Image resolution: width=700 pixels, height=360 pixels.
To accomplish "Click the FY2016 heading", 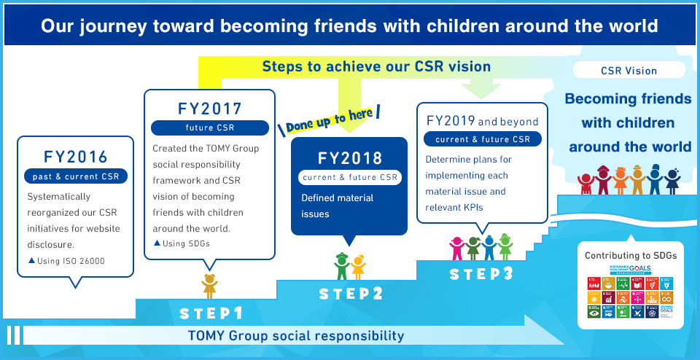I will pyautogui.click(x=76, y=156).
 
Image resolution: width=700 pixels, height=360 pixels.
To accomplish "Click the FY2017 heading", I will pyautogui.click(x=210, y=109).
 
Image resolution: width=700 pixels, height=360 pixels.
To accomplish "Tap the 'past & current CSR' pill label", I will pyautogui.click(x=76, y=176).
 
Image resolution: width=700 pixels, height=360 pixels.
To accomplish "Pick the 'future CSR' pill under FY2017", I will pyautogui.click(x=209, y=128).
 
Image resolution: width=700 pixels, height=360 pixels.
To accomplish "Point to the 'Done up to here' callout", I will pyautogui.click(x=330, y=120).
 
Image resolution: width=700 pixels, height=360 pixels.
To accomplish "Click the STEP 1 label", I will pyautogui.click(x=211, y=313).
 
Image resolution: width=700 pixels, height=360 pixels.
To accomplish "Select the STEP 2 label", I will pyautogui.click(x=351, y=294).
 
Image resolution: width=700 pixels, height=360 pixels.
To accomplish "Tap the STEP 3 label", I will pyautogui.click(x=481, y=275).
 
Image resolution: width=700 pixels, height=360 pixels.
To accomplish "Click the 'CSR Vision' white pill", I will pyautogui.click(x=629, y=71).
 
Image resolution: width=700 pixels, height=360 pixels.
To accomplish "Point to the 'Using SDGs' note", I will pyautogui.click(x=182, y=243).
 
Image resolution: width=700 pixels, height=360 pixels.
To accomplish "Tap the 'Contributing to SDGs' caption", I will pyautogui.click(x=631, y=256).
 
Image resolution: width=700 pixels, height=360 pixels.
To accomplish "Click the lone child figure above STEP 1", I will pyautogui.click(x=210, y=285).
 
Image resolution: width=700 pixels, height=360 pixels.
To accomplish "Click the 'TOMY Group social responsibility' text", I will pyautogui.click(x=295, y=336).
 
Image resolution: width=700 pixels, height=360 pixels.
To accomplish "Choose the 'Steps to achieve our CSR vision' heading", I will pyautogui.click(x=376, y=66).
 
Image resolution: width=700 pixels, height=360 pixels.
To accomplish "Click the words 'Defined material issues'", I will pyautogui.click(x=337, y=206).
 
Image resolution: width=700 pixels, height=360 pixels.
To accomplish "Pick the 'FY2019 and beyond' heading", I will pyautogui.click(x=482, y=121).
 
